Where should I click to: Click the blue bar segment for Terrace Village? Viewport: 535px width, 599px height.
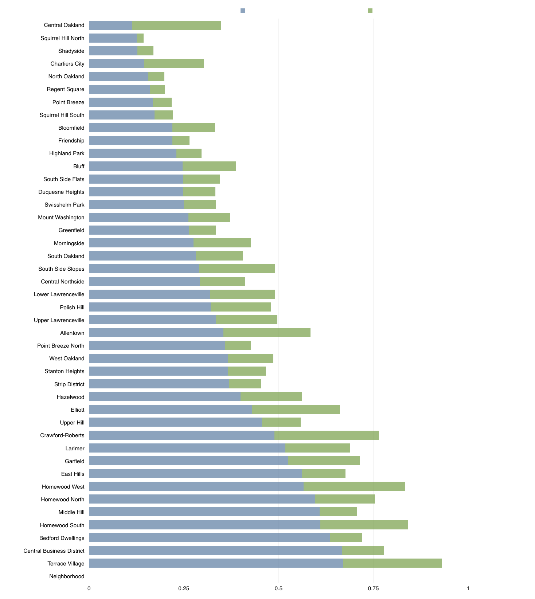click(216, 563)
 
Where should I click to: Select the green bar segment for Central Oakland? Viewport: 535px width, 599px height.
click(176, 25)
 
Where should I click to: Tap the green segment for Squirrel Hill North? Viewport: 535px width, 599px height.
click(140, 38)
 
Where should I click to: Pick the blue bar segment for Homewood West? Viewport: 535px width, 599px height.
click(196, 486)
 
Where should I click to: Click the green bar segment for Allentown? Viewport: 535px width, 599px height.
click(267, 333)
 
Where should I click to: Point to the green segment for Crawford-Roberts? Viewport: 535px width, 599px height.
click(327, 435)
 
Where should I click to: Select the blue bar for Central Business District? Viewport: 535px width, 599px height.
click(215, 551)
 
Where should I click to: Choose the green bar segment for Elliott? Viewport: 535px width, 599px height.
click(296, 410)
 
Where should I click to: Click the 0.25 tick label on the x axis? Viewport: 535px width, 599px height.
click(184, 588)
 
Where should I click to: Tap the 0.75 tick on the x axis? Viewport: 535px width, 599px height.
click(373, 588)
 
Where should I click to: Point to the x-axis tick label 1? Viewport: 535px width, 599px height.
click(468, 588)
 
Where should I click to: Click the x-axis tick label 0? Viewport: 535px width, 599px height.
click(89, 588)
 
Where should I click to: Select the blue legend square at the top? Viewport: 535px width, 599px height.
click(243, 11)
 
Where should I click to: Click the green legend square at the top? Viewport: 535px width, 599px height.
click(370, 11)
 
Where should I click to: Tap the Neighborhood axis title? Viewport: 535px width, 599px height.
click(67, 576)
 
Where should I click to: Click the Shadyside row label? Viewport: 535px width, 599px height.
click(71, 51)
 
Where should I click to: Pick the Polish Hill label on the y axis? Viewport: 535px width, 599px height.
click(72, 308)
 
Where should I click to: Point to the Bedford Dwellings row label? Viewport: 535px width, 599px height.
click(62, 538)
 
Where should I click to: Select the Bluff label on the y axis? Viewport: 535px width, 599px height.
click(79, 167)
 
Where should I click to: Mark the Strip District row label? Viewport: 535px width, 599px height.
click(69, 384)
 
